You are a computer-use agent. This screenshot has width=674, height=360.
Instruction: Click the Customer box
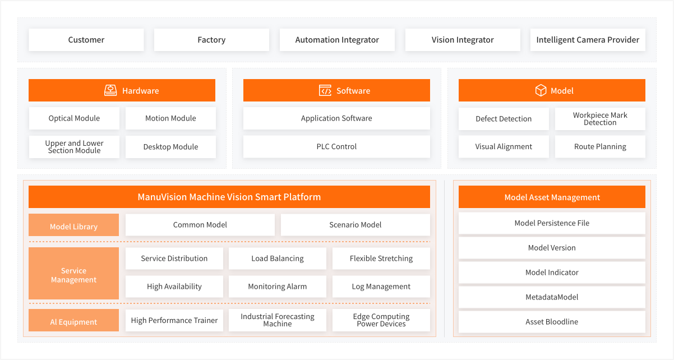pyautogui.click(x=86, y=40)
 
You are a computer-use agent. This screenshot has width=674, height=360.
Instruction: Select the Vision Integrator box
pyautogui.click(x=463, y=40)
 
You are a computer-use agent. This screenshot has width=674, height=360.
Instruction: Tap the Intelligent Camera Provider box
pyautogui.click(x=588, y=40)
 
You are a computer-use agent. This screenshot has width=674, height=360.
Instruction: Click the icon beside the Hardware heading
pyautogui.click(x=110, y=90)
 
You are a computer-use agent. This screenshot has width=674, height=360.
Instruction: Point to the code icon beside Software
pyautogui.click(x=325, y=90)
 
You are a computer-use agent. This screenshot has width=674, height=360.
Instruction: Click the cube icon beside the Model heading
pyautogui.click(x=541, y=90)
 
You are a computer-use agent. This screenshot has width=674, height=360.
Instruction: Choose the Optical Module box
pyautogui.click(x=74, y=118)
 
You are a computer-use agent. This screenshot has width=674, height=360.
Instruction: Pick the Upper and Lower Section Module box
pyautogui.click(x=74, y=146)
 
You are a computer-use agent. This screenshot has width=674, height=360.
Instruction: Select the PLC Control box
pyautogui.click(x=336, y=146)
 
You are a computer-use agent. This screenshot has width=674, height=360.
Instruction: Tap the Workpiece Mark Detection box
pyautogui.click(x=600, y=118)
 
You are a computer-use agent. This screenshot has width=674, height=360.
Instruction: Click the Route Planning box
pyautogui.click(x=600, y=146)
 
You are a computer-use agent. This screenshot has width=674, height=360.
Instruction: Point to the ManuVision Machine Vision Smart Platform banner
pyautogui.click(x=229, y=197)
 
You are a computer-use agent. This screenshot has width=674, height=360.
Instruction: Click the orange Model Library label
pyautogui.click(x=73, y=225)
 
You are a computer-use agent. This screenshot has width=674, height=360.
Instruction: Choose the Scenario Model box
pyautogui.click(x=355, y=225)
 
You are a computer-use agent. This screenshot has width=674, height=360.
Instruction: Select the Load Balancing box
pyautogui.click(x=278, y=259)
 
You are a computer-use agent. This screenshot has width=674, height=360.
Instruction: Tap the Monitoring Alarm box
pyautogui.click(x=278, y=287)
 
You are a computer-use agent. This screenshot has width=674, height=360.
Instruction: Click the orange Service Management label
pyautogui.click(x=73, y=273)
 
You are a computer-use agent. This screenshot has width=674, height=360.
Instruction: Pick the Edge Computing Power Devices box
pyautogui.click(x=381, y=320)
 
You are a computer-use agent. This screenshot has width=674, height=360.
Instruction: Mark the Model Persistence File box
pyautogui.click(x=552, y=223)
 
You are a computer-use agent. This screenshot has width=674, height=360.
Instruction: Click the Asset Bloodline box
pyautogui.click(x=552, y=322)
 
